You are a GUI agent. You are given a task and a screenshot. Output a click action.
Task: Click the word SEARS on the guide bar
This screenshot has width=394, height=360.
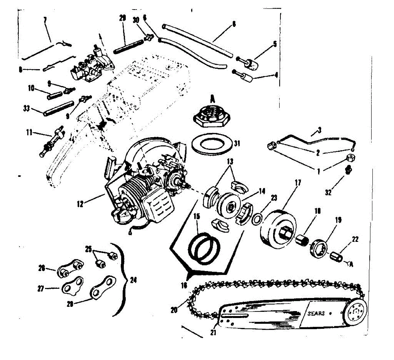[x=316, y=313]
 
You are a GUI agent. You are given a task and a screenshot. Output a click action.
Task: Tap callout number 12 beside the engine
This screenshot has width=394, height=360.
[x=80, y=204]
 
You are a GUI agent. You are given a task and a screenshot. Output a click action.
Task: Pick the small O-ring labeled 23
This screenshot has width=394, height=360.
[x=256, y=220]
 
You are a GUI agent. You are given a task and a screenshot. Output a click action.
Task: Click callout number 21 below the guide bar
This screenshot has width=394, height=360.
[x=213, y=332]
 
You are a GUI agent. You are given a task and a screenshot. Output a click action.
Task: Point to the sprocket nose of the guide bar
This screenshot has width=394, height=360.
[x=354, y=312]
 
